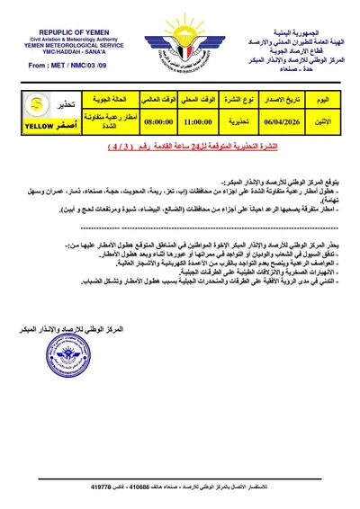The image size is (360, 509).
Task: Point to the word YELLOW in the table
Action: [31, 129]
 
